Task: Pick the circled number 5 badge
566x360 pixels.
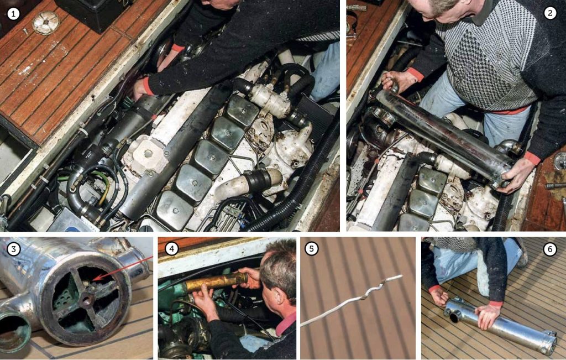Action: tap(312, 249)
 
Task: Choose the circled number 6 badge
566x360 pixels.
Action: tap(549, 249)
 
